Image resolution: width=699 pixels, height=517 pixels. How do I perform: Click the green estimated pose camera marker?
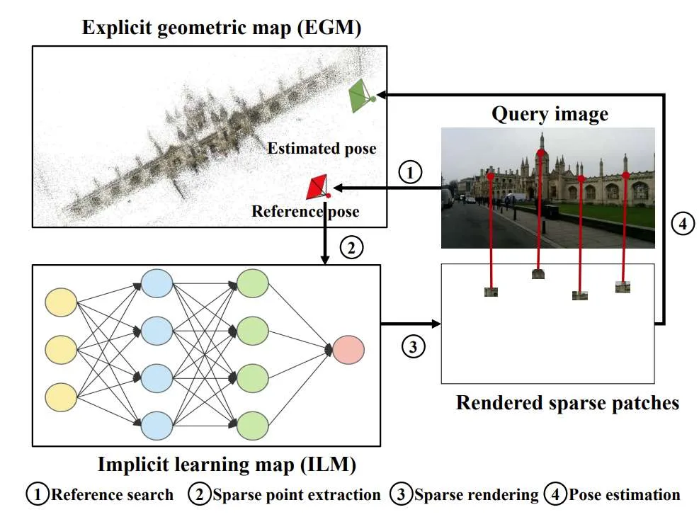point(361,96)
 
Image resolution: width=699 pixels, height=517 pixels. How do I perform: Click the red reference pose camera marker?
point(317,187)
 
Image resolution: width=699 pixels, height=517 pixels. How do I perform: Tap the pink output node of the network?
point(348,350)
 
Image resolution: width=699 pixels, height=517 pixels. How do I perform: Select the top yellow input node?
point(61,302)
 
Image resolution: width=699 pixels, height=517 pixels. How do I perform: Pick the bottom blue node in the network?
point(157,426)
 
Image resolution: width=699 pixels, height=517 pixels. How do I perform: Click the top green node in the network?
point(252,283)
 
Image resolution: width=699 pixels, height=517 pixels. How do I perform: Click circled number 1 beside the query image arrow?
point(409,172)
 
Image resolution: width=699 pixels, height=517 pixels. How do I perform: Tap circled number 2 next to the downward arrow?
point(351,247)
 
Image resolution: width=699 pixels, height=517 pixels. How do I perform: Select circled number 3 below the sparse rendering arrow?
point(413,346)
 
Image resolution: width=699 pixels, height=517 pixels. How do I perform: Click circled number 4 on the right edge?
point(683,223)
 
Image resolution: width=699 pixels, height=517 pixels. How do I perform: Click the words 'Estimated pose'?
point(322,149)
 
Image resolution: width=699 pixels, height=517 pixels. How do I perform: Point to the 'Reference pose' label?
point(305,211)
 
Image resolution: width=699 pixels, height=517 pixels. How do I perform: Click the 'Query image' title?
point(550,114)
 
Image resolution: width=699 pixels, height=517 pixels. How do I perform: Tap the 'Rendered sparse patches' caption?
point(567,403)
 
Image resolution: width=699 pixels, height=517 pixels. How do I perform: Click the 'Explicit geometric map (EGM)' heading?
point(222,28)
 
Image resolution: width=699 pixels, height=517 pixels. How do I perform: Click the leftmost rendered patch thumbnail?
point(491,292)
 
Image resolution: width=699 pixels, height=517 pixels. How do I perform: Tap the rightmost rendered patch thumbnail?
point(623,287)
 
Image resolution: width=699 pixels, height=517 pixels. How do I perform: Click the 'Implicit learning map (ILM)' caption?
point(227,465)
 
